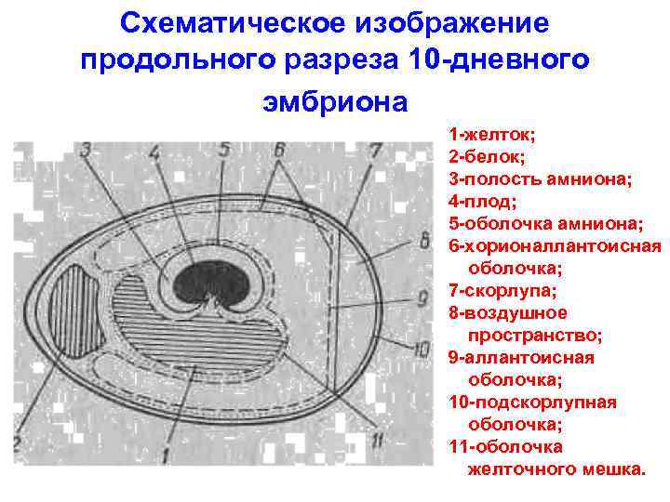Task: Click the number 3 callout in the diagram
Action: pyautogui.click(x=86, y=152)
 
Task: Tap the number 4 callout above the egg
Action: pyautogui.click(x=154, y=152)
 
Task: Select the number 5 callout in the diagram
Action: pyautogui.click(x=224, y=151)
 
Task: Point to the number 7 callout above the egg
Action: pyautogui.click(x=374, y=151)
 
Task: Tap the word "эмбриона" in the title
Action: pyautogui.click(x=334, y=100)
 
